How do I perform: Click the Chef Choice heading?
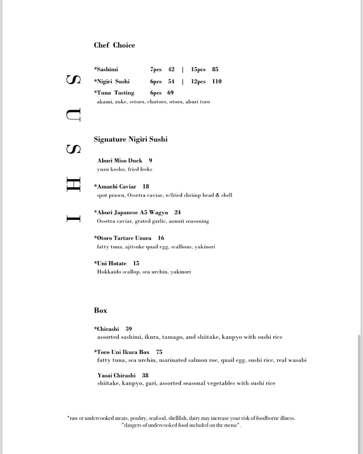114,45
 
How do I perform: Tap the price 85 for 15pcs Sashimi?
215,70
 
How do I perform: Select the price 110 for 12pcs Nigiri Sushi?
217,81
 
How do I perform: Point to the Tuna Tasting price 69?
171,93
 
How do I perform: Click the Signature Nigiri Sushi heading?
130,140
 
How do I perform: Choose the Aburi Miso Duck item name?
119,161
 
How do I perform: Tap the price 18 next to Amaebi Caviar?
146,187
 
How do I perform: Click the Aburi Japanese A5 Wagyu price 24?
178,213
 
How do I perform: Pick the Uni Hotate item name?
112,264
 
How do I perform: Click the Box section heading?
101,311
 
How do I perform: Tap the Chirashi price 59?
129,329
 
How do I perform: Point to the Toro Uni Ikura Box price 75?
159,352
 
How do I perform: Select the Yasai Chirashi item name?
116,376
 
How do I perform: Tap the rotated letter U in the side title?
73,115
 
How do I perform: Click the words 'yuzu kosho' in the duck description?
111,169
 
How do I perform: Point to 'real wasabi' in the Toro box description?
292,360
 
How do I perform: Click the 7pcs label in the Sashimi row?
156,70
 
